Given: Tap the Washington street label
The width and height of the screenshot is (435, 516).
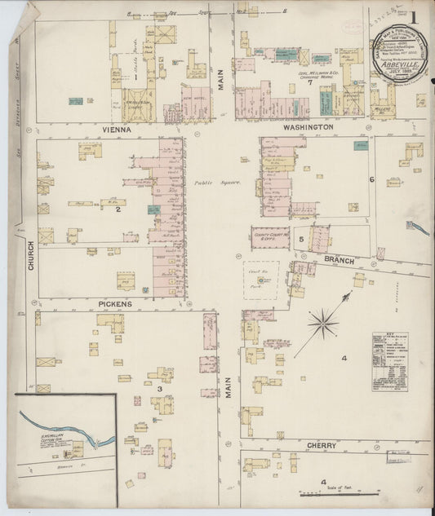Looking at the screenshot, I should coord(308,128).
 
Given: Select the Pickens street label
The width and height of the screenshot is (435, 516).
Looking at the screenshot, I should coord(115,304).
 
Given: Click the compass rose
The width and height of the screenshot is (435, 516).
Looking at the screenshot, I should coord(324,324).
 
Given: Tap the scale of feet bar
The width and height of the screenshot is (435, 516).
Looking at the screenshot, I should coord(326,494).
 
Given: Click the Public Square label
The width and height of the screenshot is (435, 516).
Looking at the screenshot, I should coord(218,183).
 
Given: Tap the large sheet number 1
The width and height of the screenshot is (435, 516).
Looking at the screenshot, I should coord(414,15).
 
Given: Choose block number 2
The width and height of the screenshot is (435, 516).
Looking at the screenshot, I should coord(118,210).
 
